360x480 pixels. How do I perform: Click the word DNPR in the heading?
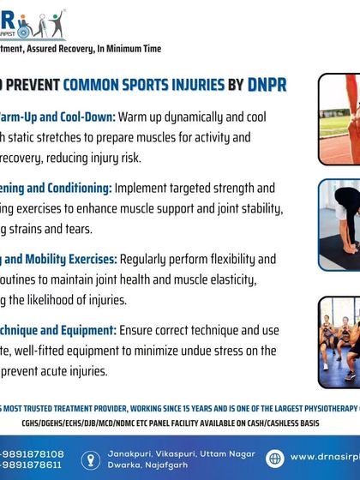(x=267, y=84)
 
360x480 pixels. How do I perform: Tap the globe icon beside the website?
(x=275, y=457)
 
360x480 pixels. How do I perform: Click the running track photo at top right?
(x=339, y=117)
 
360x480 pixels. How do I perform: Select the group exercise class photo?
(x=339, y=341)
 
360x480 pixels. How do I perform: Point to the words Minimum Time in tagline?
(x=134, y=49)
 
